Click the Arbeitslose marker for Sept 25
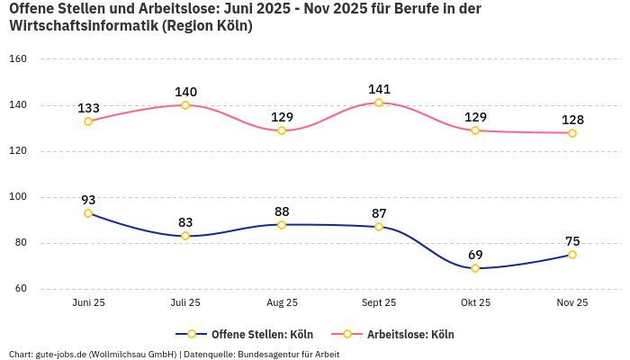(379, 103)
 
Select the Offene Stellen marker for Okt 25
(475, 268)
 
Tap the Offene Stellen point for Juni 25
(88, 213)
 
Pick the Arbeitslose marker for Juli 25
(185, 105)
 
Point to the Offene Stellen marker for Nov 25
(572, 255)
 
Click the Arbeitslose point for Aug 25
(282, 130)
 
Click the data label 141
(379, 89)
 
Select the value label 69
(475, 255)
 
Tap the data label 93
(88, 200)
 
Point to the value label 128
(572, 120)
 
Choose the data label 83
(185, 222)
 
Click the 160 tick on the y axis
(19, 59)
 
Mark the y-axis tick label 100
(19, 197)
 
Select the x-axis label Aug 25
(282, 303)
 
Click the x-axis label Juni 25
(88, 303)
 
